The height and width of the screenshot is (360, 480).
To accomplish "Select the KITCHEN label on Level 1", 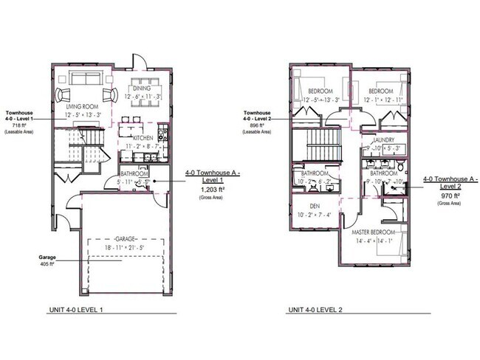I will (143, 138).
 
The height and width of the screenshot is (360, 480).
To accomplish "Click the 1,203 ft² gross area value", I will (213, 190).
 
